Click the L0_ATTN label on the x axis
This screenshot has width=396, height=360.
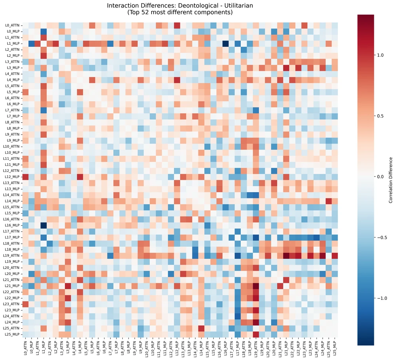click(25, 348)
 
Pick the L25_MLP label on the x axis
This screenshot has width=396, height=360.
click(335, 348)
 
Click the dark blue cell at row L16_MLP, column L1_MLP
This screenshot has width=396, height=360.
click(44, 225)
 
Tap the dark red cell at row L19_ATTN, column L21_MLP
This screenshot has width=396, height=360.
click(286, 256)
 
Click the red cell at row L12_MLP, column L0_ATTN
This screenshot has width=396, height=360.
click(25, 176)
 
